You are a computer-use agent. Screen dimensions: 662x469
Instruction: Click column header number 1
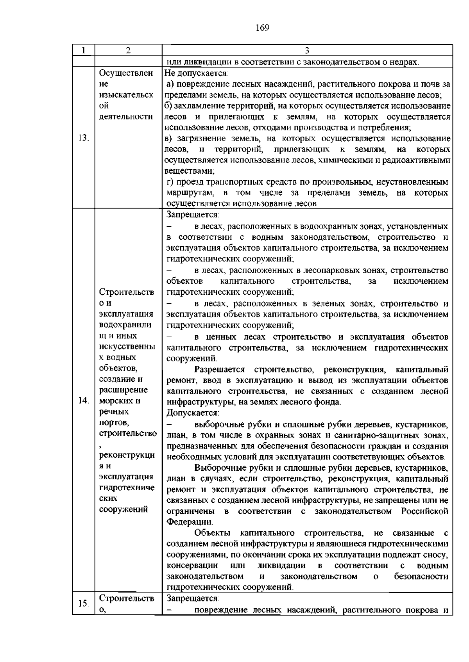point(84,50)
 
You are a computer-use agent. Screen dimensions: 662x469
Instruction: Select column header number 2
point(128,50)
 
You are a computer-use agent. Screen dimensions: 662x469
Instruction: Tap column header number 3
point(307,50)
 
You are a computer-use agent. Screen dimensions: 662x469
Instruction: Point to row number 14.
point(84,401)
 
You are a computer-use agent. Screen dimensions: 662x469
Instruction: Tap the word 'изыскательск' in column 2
point(126,95)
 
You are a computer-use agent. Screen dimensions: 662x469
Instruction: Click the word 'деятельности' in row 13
point(126,117)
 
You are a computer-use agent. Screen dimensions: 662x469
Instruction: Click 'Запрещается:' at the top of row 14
point(193,215)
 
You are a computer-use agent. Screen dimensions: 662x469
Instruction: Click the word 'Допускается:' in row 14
point(193,413)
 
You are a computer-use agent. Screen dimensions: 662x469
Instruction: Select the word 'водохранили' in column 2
point(126,325)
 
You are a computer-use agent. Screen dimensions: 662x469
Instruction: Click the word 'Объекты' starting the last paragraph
point(212,533)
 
